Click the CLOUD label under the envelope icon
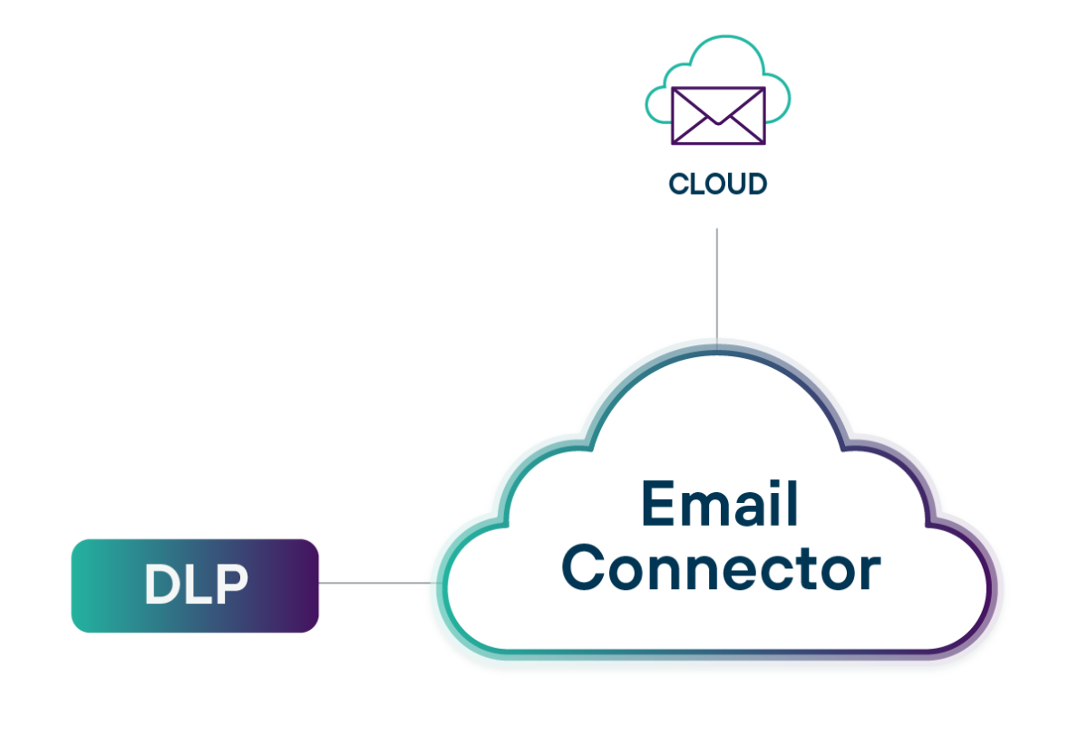(717, 184)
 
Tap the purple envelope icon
(717, 116)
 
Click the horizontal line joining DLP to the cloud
(372, 583)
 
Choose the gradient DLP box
(195, 585)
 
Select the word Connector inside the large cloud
(721, 569)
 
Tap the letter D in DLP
(163, 585)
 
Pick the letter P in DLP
(231, 585)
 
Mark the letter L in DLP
(199, 585)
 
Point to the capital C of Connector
(584, 569)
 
